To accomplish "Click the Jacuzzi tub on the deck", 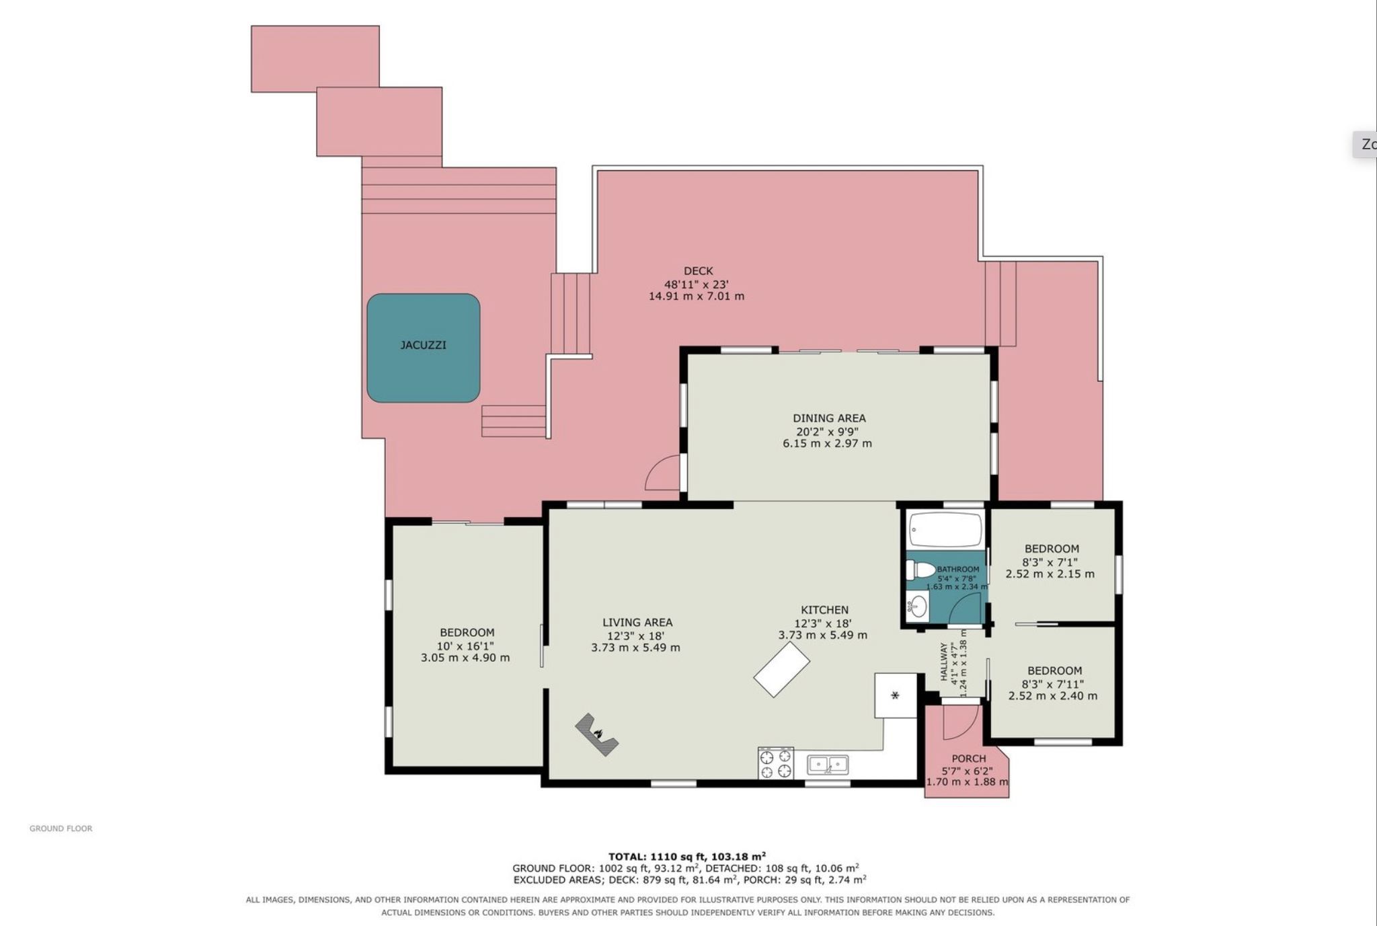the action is click(x=423, y=348).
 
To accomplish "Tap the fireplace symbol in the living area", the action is click(x=596, y=735).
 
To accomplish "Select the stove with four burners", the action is click(x=776, y=763).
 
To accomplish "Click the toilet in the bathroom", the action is click(x=920, y=570).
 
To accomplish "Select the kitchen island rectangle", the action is click(x=781, y=670).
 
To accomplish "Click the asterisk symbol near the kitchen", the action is click(x=895, y=695).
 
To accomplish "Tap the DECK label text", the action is click(x=698, y=271).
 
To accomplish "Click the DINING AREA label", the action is click(x=829, y=418).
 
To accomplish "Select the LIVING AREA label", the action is click(x=637, y=623).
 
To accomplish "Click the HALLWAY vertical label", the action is click(x=943, y=662).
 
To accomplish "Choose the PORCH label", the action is click(x=969, y=759).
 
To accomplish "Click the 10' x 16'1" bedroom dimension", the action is click(x=466, y=646).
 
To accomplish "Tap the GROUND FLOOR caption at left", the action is click(x=61, y=828).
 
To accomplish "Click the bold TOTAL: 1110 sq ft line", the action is click(x=687, y=856).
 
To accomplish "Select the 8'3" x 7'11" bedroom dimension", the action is click(x=1054, y=684).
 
